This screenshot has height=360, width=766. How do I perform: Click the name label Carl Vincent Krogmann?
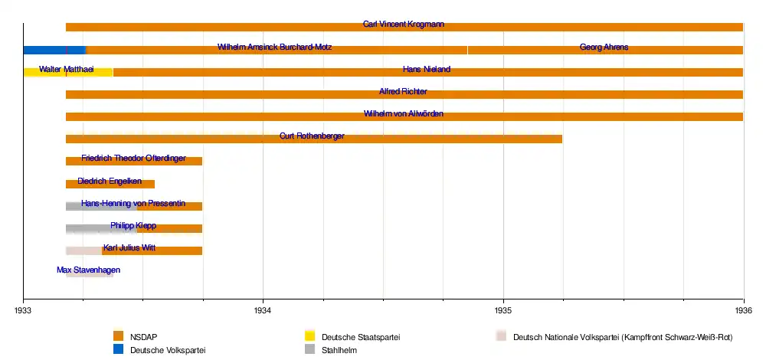(x=404, y=25)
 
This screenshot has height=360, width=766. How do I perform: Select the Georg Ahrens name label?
(x=604, y=47)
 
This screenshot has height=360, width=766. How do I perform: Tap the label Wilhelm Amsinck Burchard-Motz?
(x=275, y=47)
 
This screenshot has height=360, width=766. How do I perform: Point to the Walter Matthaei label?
(x=67, y=70)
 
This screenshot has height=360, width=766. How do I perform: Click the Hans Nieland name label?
(x=427, y=70)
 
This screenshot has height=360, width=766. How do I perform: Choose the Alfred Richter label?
(x=403, y=92)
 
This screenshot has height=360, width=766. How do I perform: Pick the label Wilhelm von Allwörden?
(x=404, y=114)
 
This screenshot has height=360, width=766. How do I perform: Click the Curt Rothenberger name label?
(x=312, y=136)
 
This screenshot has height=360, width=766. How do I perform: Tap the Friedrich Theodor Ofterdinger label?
(x=133, y=159)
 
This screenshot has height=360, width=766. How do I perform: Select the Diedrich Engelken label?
(x=110, y=181)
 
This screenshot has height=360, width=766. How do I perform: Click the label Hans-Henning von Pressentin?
(x=133, y=203)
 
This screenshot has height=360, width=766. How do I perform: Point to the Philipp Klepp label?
(x=133, y=225)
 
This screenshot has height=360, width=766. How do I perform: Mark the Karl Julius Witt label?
(x=129, y=247)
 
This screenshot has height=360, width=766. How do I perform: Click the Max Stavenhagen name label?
(x=88, y=270)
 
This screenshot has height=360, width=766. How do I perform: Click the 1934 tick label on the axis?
(x=263, y=310)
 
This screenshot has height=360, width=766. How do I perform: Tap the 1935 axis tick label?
(x=503, y=310)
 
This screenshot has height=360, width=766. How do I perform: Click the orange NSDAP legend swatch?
(x=118, y=335)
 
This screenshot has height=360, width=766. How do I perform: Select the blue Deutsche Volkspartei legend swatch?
(x=118, y=349)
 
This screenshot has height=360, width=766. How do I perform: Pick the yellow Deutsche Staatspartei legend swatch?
(x=309, y=335)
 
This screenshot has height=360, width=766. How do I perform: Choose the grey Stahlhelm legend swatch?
(x=309, y=349)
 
